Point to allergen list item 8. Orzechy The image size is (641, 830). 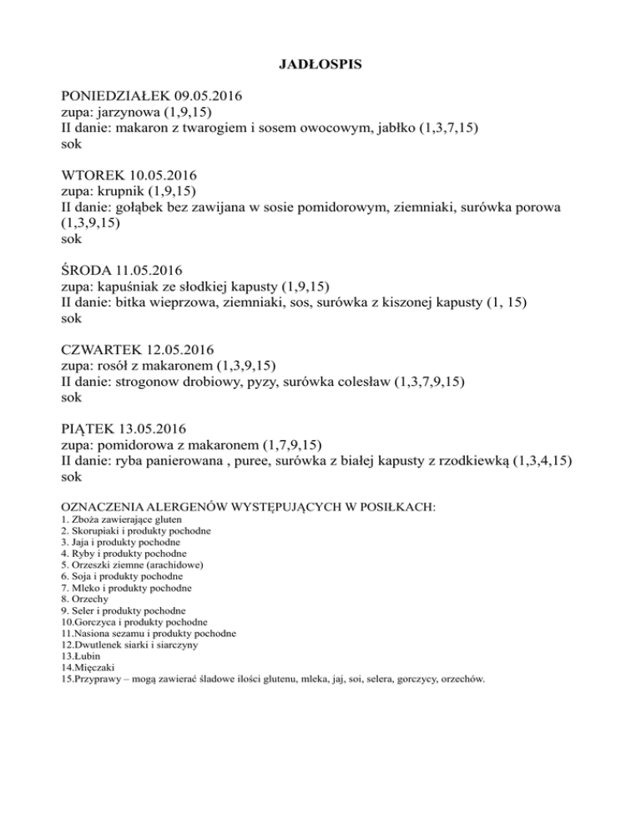86,599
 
